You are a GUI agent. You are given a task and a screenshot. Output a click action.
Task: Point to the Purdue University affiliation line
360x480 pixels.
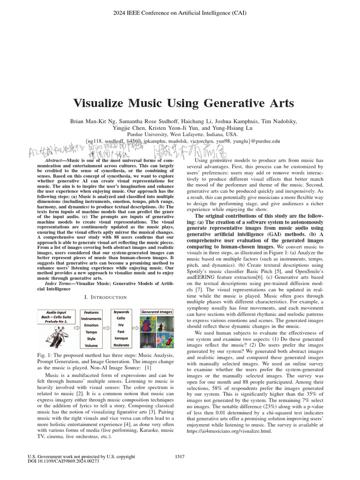click(x=180, y=134)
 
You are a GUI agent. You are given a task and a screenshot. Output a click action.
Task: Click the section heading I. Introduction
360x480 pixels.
click(x=105, y=297)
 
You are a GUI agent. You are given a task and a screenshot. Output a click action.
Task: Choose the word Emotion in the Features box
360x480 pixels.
click(x=91, y=325)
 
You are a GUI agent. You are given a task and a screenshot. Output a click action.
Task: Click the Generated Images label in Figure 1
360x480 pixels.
click(x=157, y=311)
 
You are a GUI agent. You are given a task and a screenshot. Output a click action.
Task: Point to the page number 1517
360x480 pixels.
click(x=180, y=456)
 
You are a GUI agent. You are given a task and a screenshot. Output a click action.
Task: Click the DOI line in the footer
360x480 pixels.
click(x=64, y=461)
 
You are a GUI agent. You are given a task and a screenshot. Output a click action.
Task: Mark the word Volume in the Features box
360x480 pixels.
click(x=91, y=345)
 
